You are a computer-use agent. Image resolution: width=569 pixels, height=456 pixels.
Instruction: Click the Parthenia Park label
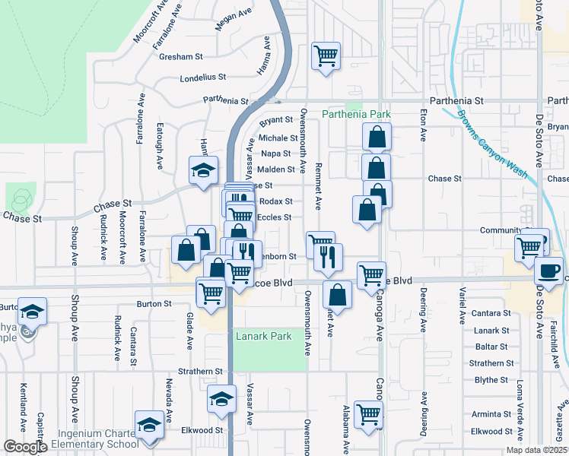point(356,115)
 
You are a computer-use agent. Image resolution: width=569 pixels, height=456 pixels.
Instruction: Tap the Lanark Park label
point(263,335)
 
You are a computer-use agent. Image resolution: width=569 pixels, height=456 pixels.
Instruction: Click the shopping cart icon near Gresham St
point(326,55)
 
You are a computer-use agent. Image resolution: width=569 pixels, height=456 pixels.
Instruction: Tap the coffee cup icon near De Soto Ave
point(548,270)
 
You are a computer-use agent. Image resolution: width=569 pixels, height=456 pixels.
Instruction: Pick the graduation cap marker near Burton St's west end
point(33,311)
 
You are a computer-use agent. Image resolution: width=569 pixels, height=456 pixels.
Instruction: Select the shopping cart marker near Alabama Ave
point(369,415)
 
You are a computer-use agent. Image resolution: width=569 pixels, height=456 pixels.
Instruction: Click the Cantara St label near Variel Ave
point(490,313)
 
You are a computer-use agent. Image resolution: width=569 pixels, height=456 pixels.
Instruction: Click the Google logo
point(25,447)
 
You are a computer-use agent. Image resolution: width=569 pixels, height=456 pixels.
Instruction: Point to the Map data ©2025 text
point(536,450)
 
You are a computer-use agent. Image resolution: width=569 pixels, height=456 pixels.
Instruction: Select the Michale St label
point(278,138)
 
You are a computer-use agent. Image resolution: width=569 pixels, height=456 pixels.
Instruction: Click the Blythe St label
point(491,380)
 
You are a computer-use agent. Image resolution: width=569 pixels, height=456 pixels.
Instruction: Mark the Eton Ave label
point(423,125)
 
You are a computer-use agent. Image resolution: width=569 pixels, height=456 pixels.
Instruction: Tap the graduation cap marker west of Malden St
point(204,171)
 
